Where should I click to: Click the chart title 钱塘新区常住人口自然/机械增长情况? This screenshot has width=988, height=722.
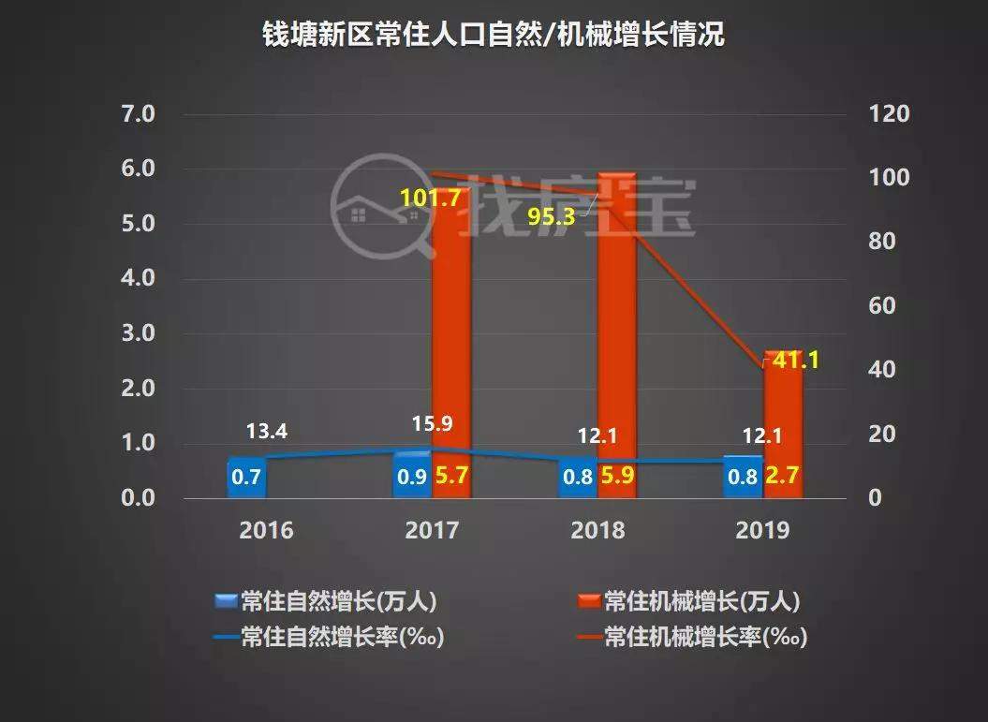coord(493,37)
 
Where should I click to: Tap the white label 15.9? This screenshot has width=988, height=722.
coord(432,423)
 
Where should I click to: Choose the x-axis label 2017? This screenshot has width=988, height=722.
coord(432,531)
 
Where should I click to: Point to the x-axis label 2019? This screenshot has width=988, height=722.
coord(762,531)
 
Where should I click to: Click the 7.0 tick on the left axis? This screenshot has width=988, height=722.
coord(138,115)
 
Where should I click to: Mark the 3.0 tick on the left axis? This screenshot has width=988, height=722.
coord(138,334)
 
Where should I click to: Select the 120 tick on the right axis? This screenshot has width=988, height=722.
coord(890,115)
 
